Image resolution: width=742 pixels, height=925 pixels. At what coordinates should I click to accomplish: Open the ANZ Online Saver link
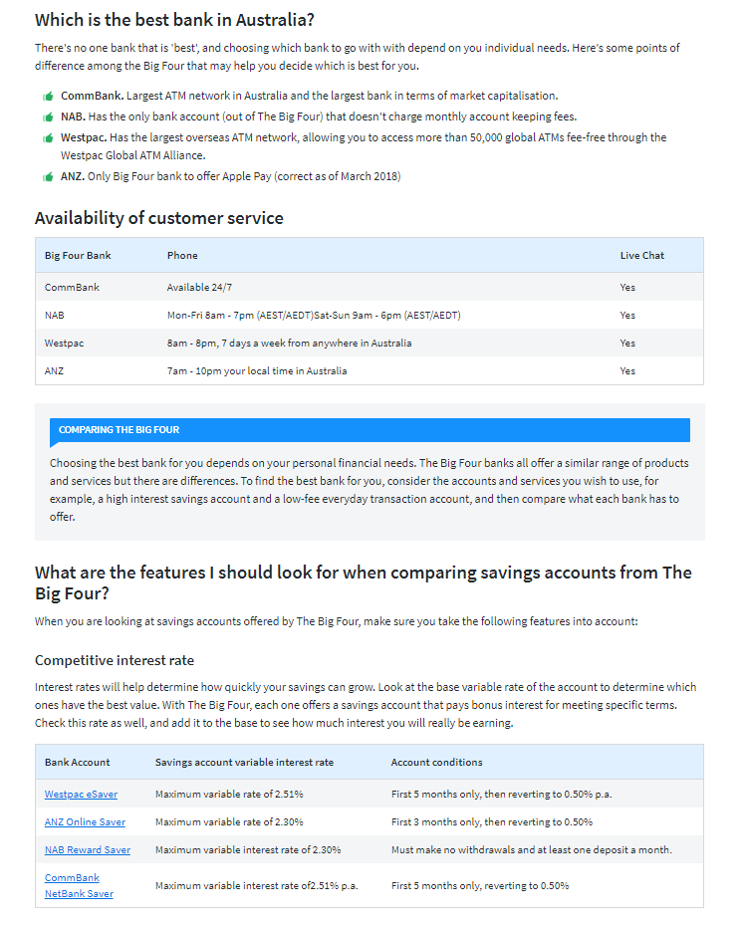85,822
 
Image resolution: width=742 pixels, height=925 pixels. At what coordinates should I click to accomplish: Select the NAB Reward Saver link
87,850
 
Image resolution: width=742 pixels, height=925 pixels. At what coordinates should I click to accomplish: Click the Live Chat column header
641,256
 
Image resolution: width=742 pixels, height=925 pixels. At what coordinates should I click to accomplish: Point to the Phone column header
182,256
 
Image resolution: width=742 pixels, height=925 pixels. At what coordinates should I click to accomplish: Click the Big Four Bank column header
78,256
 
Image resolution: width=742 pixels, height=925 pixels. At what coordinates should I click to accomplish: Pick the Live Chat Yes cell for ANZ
627,371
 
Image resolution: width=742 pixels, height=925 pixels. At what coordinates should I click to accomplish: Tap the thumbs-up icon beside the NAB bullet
48,117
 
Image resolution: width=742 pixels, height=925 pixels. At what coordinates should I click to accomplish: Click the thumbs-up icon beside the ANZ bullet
48,177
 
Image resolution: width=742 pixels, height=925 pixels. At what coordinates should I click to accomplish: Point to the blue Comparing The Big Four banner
369,430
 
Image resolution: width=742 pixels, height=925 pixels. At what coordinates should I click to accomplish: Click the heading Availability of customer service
159,218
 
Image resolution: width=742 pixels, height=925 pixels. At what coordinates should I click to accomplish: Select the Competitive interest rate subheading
115,660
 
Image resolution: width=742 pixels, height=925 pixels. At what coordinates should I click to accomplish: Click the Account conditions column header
436,763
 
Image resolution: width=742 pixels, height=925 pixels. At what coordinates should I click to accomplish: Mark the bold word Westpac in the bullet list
83,137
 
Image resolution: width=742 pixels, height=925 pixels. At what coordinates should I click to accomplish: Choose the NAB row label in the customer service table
55,316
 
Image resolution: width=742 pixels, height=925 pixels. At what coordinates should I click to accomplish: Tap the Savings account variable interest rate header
244,763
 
